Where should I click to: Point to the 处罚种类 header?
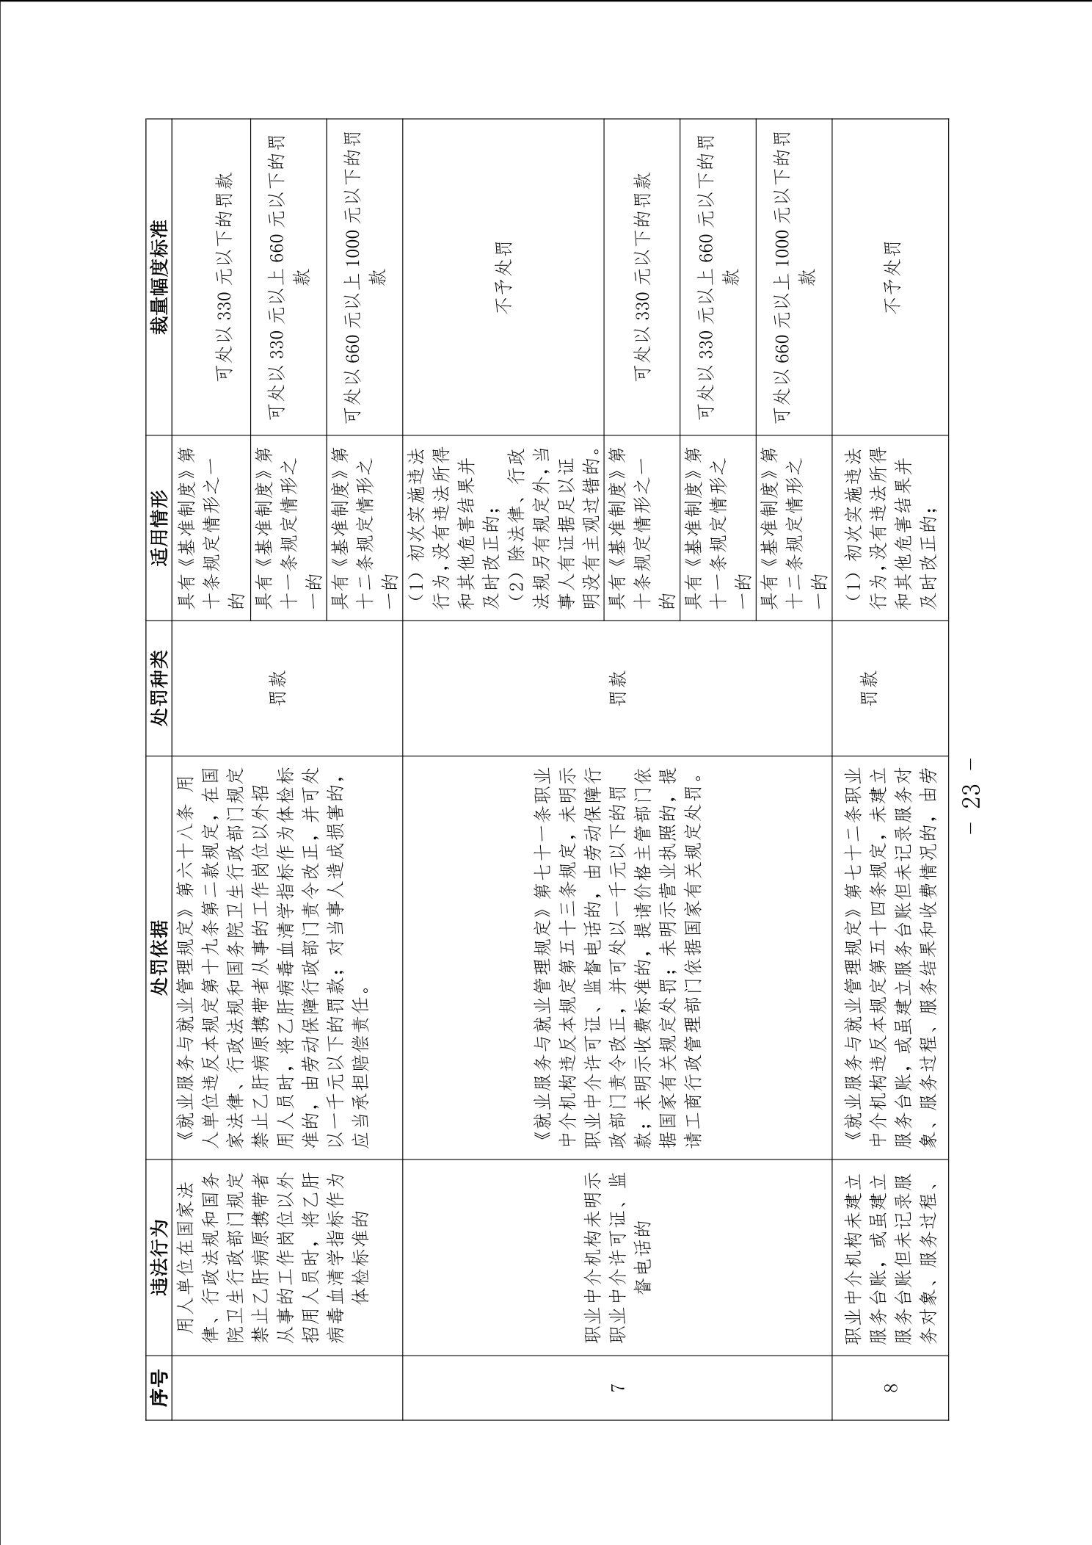tap(159, 688)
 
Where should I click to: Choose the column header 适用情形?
tap(159, 528)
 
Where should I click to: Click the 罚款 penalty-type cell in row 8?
tap(890, 688)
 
